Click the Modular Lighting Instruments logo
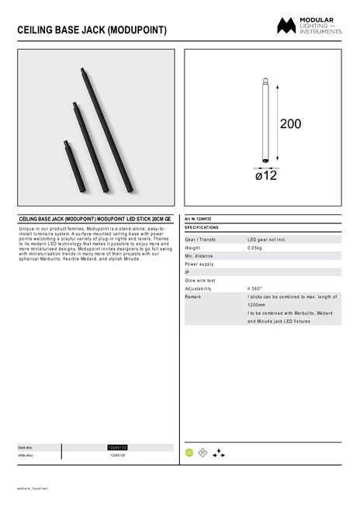coord(310,26)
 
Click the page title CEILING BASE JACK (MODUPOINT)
coord(92,30)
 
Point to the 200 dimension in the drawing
coord(290,124)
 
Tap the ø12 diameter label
coord(266,176)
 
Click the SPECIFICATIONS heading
coord(202,228)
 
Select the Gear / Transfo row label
coord(201,241)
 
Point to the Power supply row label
coord(199,264)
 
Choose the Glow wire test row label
coord(200,280)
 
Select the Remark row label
coord(193,297)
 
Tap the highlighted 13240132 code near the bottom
coord(117,448)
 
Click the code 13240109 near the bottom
coord(117,455)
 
